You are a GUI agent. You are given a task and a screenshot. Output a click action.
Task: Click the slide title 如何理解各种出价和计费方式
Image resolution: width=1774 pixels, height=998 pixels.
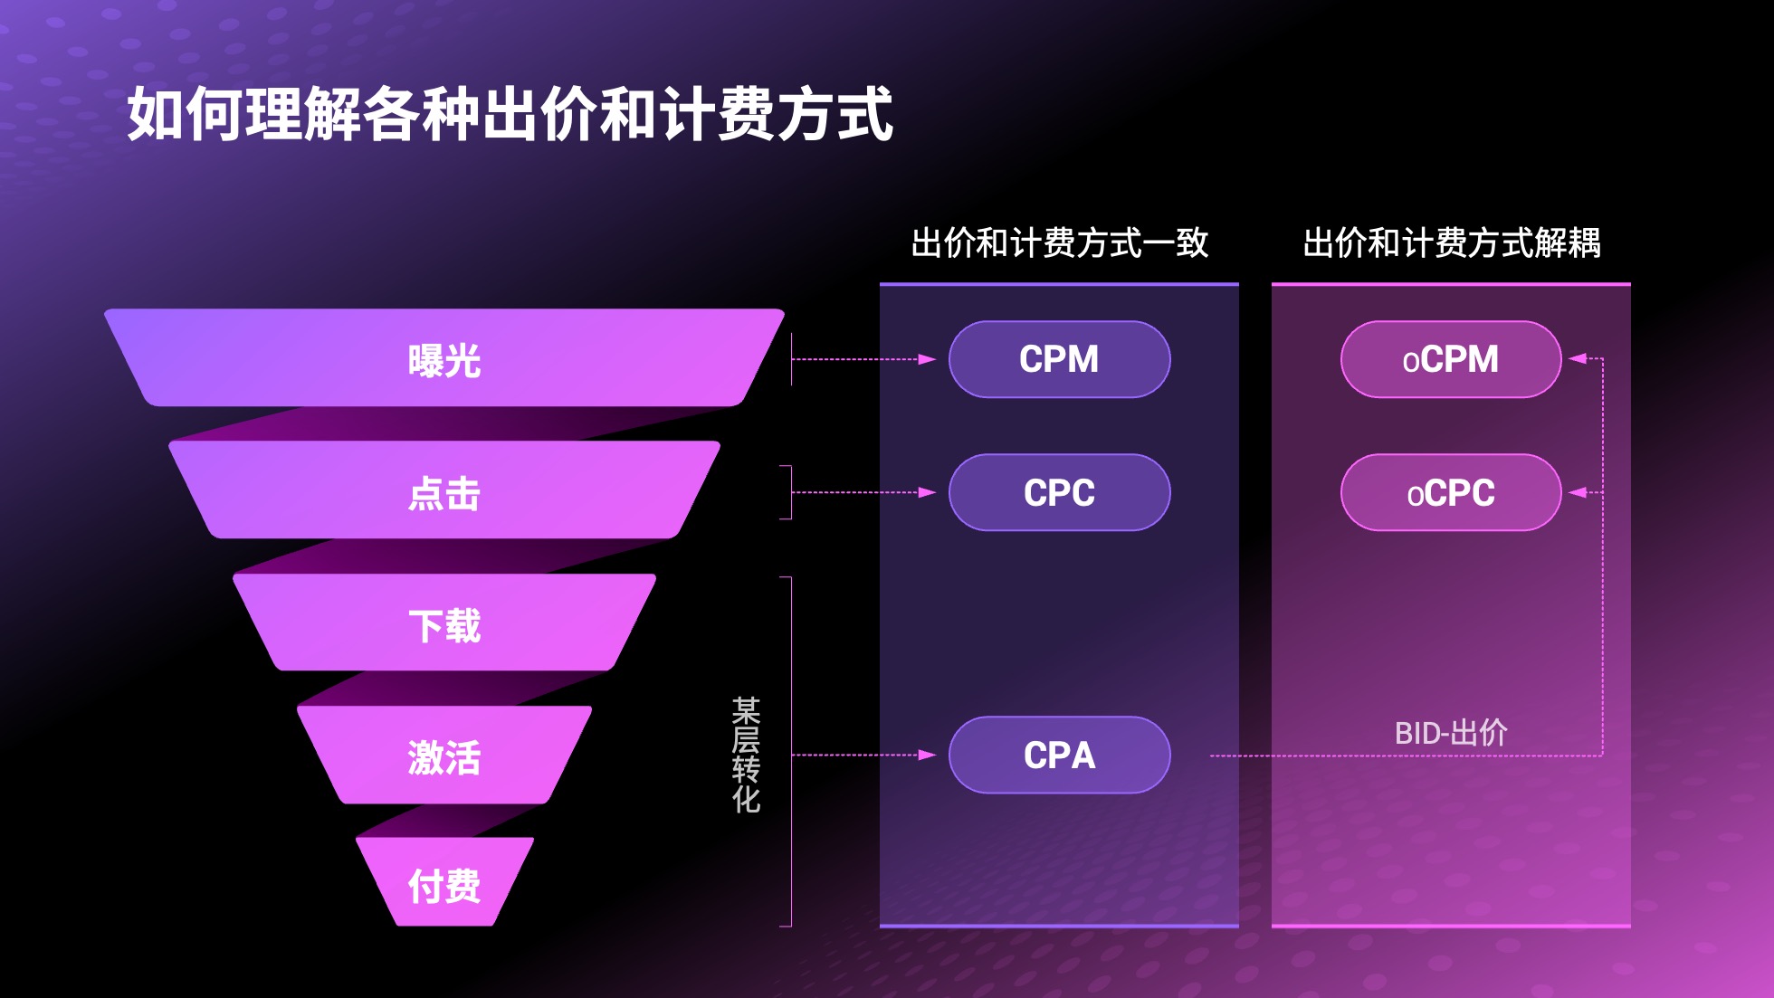pyautogui.click(x=510, y=114)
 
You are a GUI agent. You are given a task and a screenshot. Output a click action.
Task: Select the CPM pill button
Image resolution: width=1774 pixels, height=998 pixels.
pyautogui.click(x=1059, y=359)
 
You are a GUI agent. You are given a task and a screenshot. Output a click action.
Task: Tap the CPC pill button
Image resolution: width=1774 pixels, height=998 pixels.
pyautogui.click(x=1059, y=492)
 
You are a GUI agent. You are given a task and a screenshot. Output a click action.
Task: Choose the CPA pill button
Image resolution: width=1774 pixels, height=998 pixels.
pyautogui.click(x=1059, y=755)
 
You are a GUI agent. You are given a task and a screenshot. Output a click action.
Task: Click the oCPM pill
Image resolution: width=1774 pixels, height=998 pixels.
pyautogui.click(x=1451, y=359)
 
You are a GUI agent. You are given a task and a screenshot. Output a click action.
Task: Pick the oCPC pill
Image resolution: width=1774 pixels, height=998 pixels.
pyautogui.click(x=1451, y=492)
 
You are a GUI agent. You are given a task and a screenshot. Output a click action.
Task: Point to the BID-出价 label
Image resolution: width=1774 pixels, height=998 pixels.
pyautogui.click(x=1451, y=733)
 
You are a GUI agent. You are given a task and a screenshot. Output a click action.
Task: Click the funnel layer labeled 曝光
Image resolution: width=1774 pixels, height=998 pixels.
pyautogui.click(x=444, y=357)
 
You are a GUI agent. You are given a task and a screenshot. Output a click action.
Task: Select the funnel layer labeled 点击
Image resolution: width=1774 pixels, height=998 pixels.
pyautogui.click(x=444, y=489)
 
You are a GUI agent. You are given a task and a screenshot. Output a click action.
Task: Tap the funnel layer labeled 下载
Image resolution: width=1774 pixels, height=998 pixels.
pyautogui.click(x=444, y=623)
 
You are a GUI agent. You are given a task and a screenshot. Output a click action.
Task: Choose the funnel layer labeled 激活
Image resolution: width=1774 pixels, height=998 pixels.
pyautogui.click(x=444, y=755)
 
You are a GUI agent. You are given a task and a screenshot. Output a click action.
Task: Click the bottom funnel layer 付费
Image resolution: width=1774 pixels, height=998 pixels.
pyautogui.click(x=444, y=882)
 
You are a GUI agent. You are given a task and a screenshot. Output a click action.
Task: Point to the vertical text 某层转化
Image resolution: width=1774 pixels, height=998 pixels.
pyautogui.click(x=746, y=755)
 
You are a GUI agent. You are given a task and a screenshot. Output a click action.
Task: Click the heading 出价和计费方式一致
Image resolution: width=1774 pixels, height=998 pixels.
pyautogui.click(x=1059, y=242)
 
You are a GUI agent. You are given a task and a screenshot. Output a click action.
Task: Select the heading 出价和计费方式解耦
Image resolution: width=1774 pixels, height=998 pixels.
pyautogui.click(x=1452, y=242)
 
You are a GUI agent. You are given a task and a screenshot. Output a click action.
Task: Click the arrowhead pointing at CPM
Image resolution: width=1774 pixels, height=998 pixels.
pyautogui.click(x=927, y=359)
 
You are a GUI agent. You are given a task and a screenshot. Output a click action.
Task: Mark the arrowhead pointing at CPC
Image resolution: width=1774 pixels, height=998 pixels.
pyautogui.click(x=927, y=492)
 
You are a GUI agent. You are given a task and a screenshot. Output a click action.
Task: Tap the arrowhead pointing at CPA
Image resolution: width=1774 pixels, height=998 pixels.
pyautogui.click(x=927, y=755)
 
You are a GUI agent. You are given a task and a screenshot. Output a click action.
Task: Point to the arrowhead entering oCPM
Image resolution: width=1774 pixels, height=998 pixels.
pyautogui.click(x=1578, y=359)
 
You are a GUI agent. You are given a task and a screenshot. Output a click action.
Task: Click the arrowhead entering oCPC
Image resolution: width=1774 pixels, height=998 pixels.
pyautogui.click(x=1578, y=492)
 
